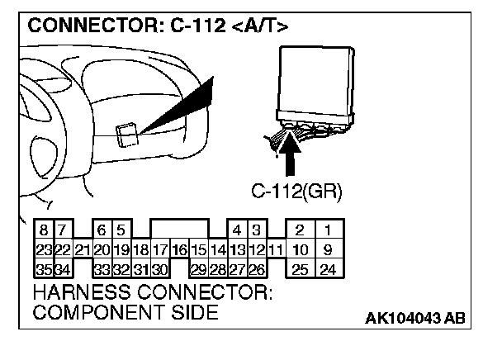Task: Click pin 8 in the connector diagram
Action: click(x=43, y=230)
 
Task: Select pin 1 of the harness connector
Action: click(x=328, y=230)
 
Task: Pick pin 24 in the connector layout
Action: click(x=328, y=268)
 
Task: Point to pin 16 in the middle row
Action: click(x=179, y=249)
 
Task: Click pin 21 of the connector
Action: click(x=82, y=249)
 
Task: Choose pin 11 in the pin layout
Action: click(x=276, y=249)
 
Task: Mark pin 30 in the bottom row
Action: click(x=160, y=268)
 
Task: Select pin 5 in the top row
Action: click(x=121, y=230)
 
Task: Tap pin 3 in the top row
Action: click(x=257, y=230)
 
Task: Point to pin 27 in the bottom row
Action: click(x=237, y=268)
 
